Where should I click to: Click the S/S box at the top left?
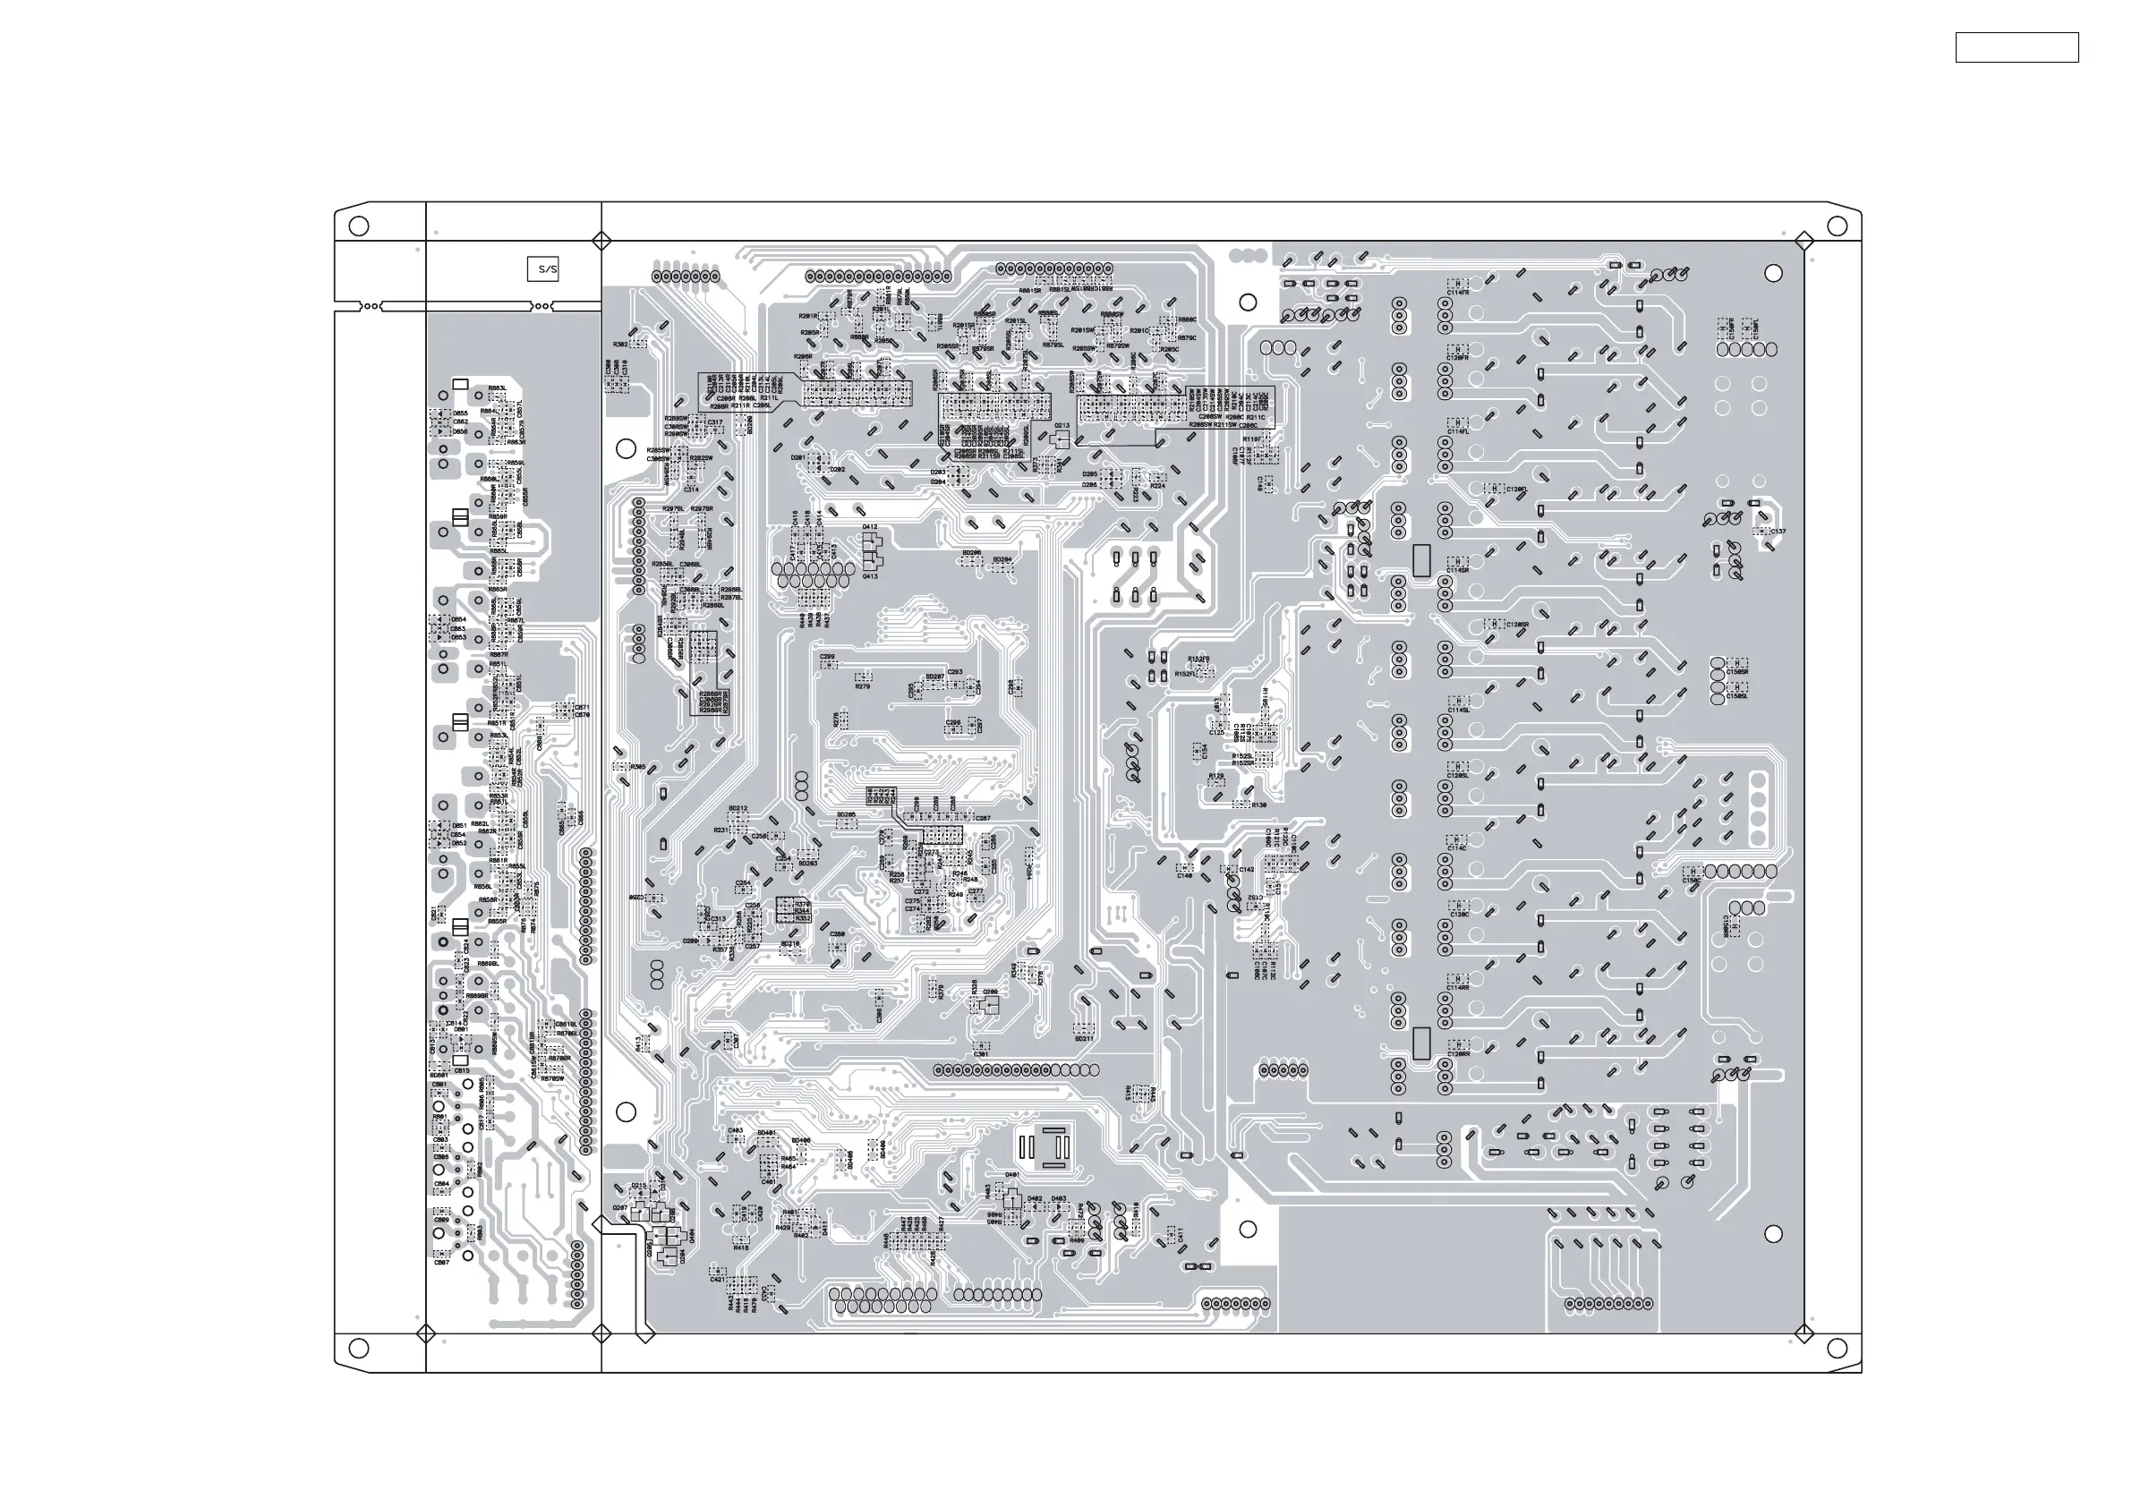coord(542,269)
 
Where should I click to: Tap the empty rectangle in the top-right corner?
coord(2016,47)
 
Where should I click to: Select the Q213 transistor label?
coord(1062,426)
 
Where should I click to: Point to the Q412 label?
coord(869,527)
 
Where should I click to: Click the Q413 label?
coord(869,576)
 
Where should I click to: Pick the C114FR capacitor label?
coord(1458,293)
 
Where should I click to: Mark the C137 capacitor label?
coord(1778,532)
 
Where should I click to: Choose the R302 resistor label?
coord(620,345)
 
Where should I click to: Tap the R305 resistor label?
coord(637,767)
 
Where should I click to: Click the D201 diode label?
coord(797,458)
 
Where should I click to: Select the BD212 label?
coord(738,809)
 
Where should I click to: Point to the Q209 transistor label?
coord(990,992)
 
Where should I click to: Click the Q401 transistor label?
coord(1012,1175)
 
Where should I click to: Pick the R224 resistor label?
coord(1157,487)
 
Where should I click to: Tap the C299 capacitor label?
coord(827,657)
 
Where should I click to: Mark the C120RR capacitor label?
coord(1458,1054)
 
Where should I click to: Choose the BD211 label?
coord(1084,1039)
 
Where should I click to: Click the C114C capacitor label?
coord(1456,847)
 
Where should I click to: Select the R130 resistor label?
coord(1258,805)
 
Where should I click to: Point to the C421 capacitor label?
coord(717,1280)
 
